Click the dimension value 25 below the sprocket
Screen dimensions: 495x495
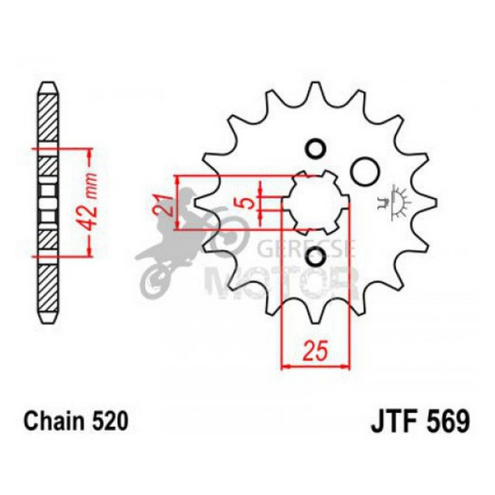click(315, 352)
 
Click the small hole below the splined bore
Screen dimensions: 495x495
click(315, 258)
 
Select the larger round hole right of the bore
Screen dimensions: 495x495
click(364, 172)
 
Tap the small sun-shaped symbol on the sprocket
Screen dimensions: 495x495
click(400, 201)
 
